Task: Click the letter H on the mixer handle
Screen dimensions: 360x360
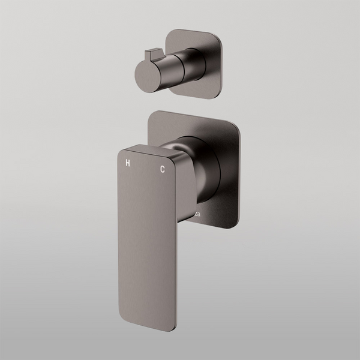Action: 127,162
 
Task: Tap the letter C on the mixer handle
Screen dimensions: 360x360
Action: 162,170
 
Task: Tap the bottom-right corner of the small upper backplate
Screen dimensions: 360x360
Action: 220,90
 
